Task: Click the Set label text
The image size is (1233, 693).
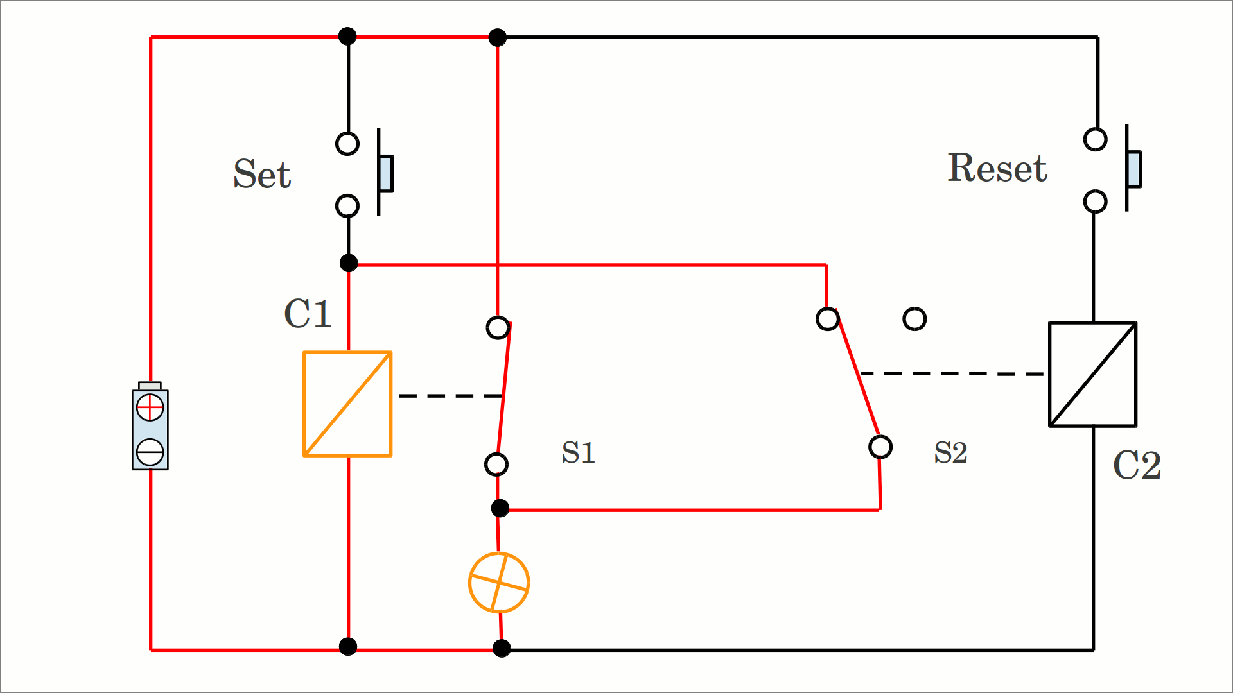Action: click(x=262, y=174)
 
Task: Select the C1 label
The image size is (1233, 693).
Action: click(x=308, y=314)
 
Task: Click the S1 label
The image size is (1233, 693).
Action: click(x=578, y=452)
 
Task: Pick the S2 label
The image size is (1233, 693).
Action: click(x=950, y=452)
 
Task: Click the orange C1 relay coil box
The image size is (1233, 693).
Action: click(x=347, y=404)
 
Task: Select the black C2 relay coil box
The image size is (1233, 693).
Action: click(x=1092, y=374)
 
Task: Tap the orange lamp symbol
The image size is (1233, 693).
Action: click(x=499, y=583)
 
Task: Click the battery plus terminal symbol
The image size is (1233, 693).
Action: click(x=150, y=407)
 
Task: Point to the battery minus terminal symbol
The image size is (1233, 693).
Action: click(x=150, y=452)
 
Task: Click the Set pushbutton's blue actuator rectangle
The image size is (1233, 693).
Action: click(x=386, y=173)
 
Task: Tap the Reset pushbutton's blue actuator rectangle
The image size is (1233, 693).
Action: click(x=1134, y=169)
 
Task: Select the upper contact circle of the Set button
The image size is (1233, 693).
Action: click(x=347, y=144)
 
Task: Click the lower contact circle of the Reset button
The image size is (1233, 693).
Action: click(x=1095, y=201)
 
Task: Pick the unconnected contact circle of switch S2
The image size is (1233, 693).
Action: click(x=914, y=319)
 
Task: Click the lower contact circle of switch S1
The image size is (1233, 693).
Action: click(x=496, y=464)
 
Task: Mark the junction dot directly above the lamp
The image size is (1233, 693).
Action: click(x=500, y=509)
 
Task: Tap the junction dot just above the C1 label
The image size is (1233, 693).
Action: click(x=349, y=263)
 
